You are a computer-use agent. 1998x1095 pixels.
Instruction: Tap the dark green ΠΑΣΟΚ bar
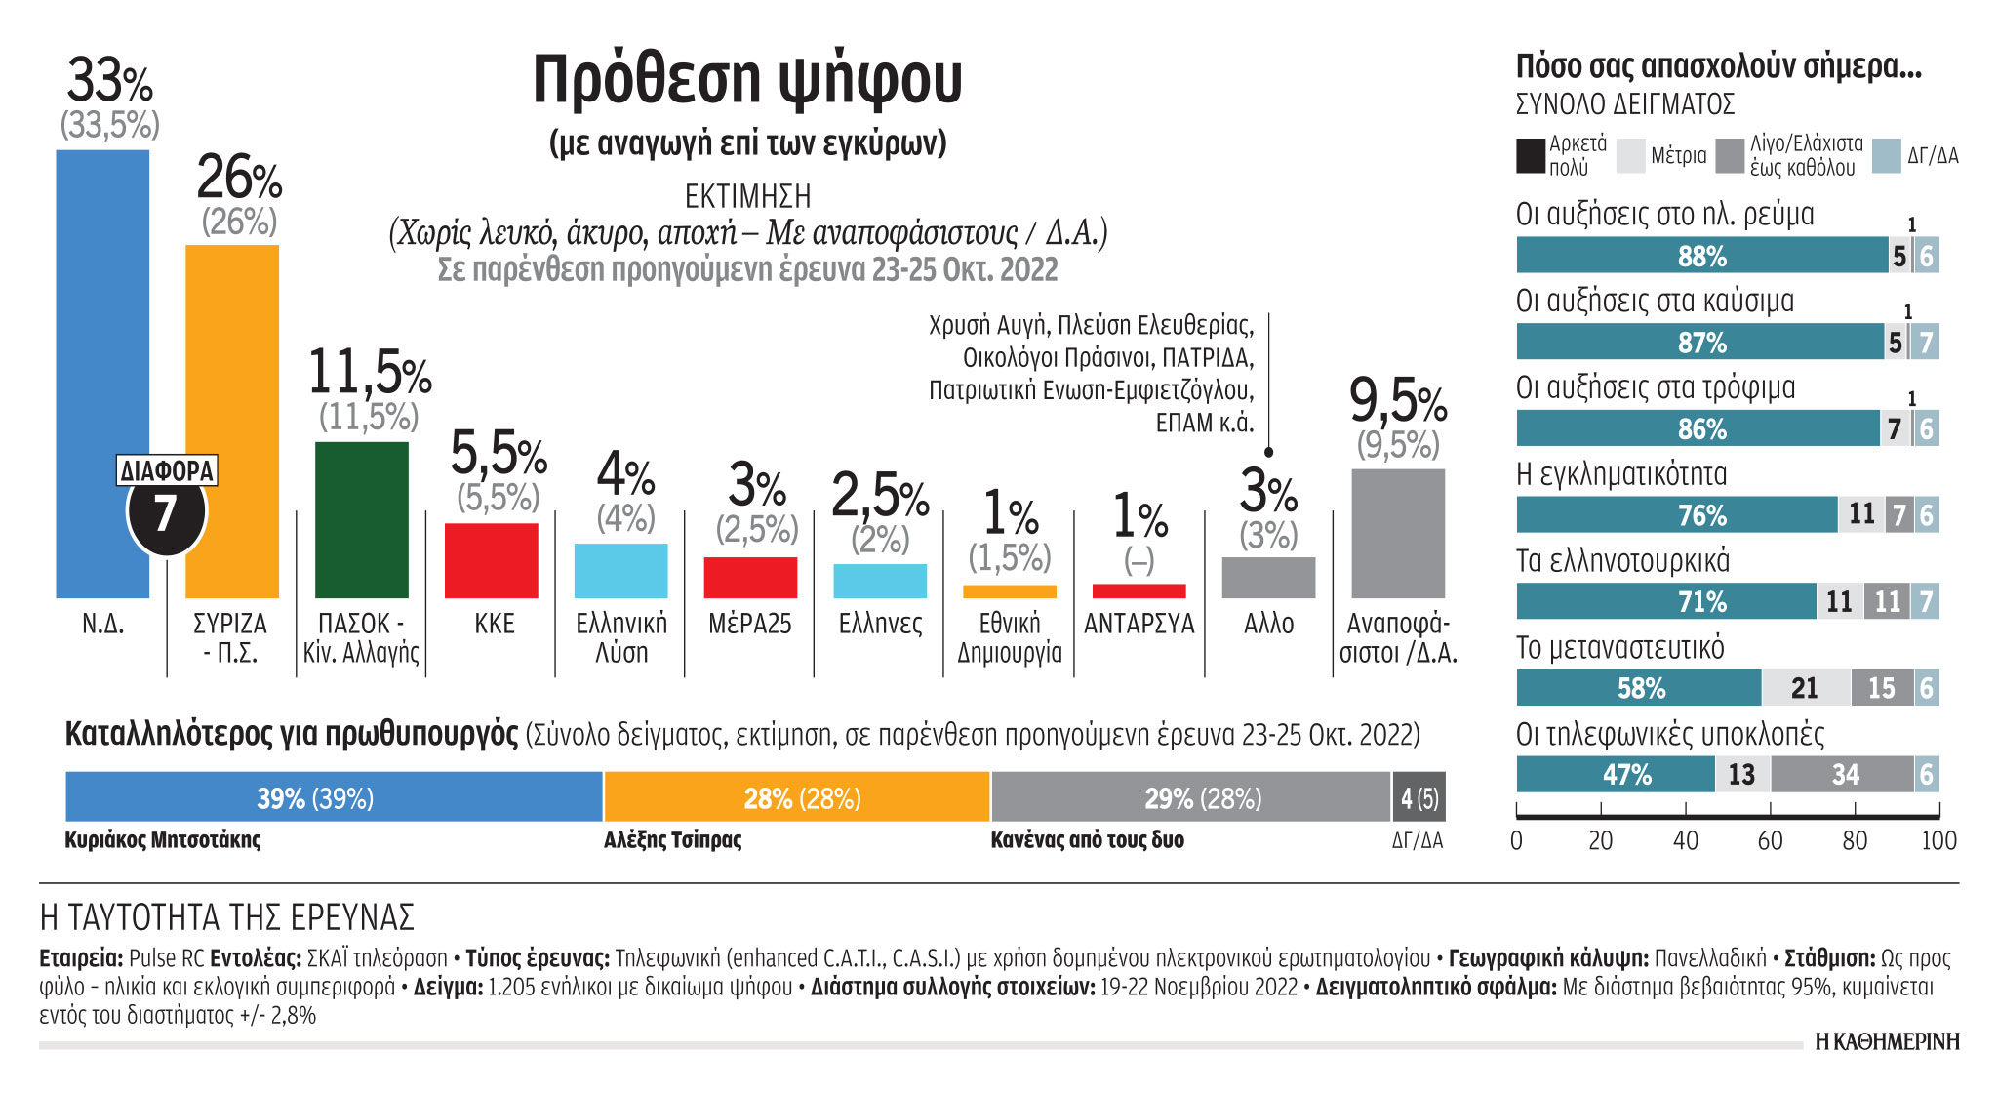pyautogui.click(x=362, y=519)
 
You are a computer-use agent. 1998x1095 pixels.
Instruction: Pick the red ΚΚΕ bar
pyautogui.click(x=492, y=560)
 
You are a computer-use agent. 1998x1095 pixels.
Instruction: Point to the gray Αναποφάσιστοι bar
pyautogui.click(x=1398, y=533)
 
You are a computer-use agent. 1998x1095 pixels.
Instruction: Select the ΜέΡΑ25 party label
pyautogui.click(x=750, y=624)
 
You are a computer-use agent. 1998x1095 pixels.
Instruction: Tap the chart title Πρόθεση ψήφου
pyautogui.click(x=747, y=79)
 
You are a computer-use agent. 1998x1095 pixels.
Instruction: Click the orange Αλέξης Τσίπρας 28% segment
pyautogui.click(x=797, y=797)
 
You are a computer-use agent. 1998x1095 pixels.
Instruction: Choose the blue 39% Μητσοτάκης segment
pyautogui.click(x=334, y=797)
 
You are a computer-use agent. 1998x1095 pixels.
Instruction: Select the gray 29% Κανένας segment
pyautogui.click(x=1190, y=797)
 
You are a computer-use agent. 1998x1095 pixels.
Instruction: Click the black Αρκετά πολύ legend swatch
pyautogui.click(x=1530, y=156)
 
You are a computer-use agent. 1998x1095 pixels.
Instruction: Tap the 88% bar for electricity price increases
pyautogui.click(x=1701, y=256)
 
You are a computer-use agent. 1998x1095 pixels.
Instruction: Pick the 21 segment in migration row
pyautogui.click(x=1805, y=688)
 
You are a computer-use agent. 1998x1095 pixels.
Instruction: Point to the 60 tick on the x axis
pyautogui.click(x=1770, y=840)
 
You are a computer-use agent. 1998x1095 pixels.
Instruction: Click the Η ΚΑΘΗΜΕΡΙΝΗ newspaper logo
pyautogui.click(x=1887, y=1042)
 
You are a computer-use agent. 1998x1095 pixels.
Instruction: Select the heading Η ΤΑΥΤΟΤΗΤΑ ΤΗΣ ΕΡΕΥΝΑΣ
pyautogui.click(x=227, y=917)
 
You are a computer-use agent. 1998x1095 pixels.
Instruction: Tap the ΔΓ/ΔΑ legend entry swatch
pyautogui.click(x=1887, y=156)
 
